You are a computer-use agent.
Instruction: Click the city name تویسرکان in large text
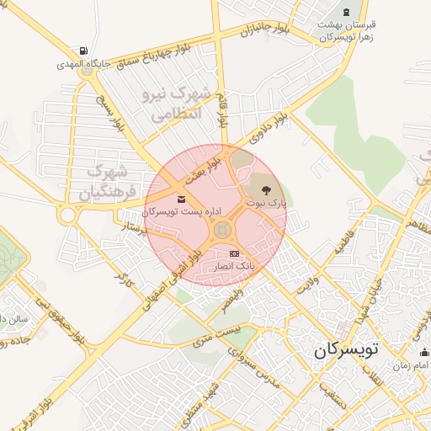tap(343, 351)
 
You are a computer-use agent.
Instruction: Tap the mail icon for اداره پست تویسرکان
tap(183, 200)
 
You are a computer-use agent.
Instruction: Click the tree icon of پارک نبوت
tap(255, 191)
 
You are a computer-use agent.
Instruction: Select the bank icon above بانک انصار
tap(234, 254)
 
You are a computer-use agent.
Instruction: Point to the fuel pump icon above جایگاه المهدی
tap(82, 51)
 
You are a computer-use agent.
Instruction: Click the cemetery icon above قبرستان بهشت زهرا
tap(346, 11)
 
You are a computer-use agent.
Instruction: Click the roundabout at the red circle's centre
tap(222, 229)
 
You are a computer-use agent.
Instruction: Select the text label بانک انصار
tap(232, 266)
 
